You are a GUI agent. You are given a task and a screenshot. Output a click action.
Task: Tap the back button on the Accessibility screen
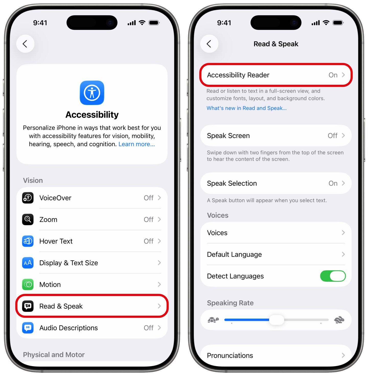(25, 44)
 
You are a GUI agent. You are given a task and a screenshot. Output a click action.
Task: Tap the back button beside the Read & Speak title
(209, 44)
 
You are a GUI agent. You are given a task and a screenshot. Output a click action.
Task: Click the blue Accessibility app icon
(92, 93)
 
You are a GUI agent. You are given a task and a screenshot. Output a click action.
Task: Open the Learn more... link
(136, 144)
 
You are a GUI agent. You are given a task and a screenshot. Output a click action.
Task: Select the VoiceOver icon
(28, 198)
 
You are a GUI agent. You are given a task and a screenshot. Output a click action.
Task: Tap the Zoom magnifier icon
(28, 219)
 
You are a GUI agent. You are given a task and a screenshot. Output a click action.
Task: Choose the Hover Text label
(56, 241)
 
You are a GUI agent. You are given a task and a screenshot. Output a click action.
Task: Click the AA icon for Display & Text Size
(28, 263)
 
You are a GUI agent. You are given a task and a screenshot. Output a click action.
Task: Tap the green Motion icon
(28, 285)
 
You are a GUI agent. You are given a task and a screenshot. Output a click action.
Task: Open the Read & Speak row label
(61, 306)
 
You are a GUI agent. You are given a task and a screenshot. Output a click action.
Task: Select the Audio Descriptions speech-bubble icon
(28, 328)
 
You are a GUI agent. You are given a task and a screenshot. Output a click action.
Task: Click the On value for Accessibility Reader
(333, 75)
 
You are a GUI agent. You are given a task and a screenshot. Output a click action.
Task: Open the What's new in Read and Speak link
(246, 108)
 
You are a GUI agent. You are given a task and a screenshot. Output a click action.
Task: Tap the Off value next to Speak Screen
(332, 136)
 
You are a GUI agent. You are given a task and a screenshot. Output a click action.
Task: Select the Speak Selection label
(232, 183)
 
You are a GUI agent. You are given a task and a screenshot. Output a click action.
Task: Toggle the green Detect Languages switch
(333, 276)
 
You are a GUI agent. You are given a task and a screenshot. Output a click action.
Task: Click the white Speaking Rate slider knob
(277, 320)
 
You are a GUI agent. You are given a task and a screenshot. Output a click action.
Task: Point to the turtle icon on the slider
(213, 320)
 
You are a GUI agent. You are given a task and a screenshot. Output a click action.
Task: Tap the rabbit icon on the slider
(339, 320)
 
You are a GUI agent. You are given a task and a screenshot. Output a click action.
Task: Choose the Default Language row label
(234, 254)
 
